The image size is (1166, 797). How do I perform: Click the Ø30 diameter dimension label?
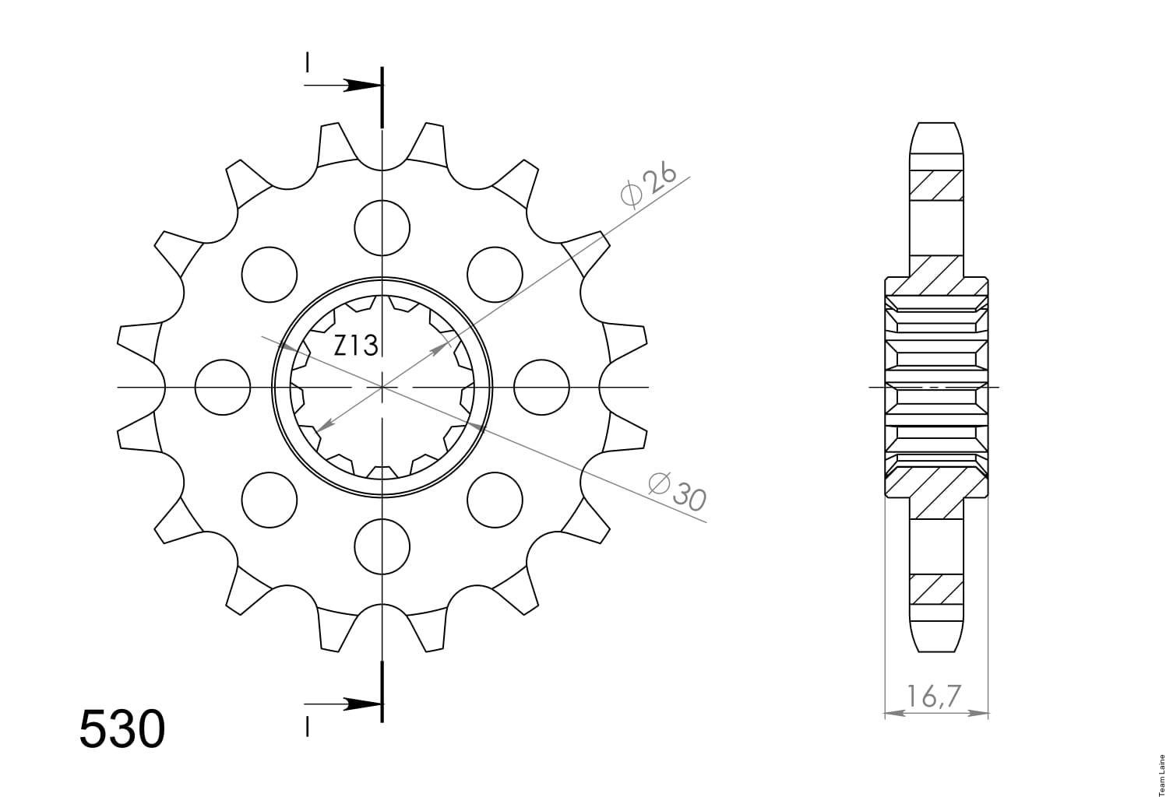[677, 491]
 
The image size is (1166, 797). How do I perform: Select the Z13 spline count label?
[355, 346]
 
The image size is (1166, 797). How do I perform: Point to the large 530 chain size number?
[122, 729]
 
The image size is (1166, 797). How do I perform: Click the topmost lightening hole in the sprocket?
[382, 228]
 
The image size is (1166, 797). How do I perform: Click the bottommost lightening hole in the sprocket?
[382, 546]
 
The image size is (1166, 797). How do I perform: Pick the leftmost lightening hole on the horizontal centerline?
[223, 387]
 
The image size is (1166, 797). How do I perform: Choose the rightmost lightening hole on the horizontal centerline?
[541, 387]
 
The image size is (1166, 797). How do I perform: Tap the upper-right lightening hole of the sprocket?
[495, 275]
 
